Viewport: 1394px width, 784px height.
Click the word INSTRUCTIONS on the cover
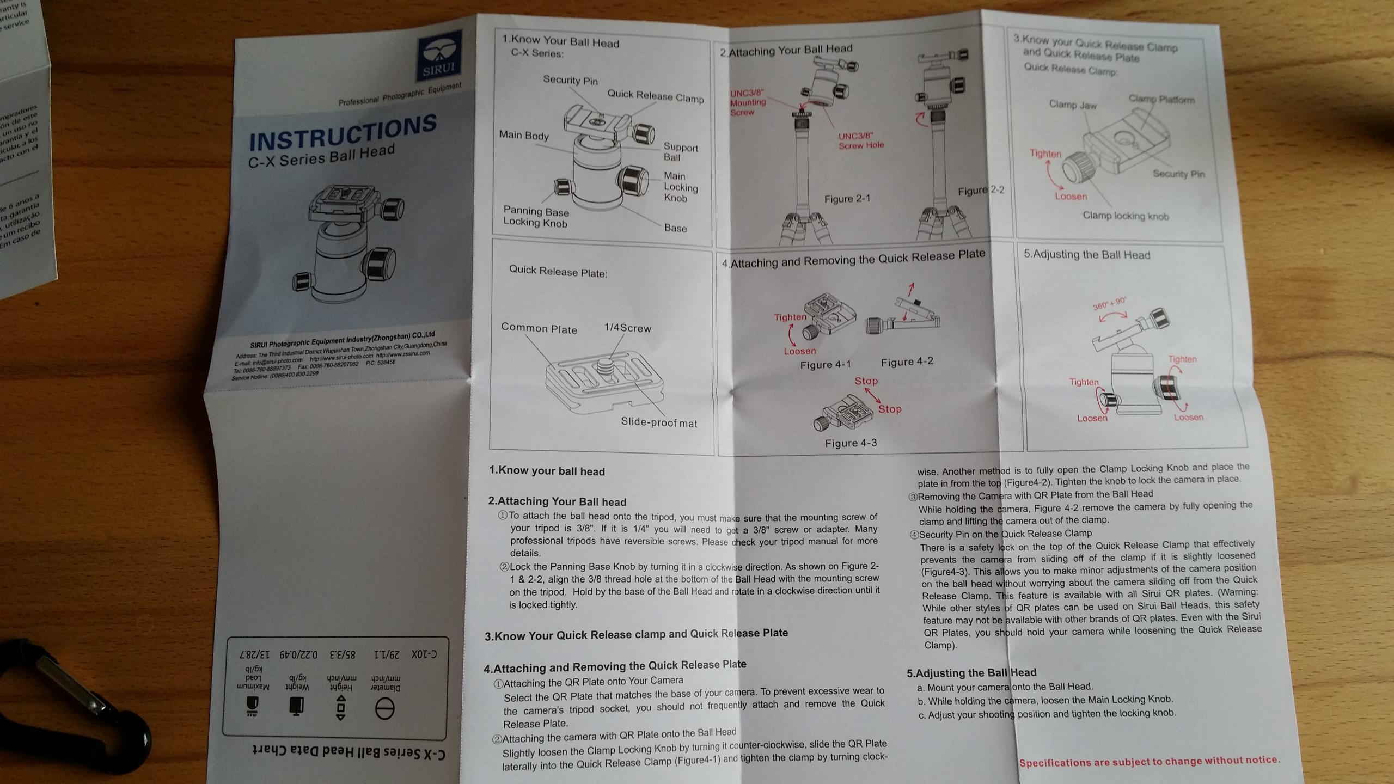pos(343,134)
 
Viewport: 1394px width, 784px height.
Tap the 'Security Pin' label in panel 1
pos(570,81)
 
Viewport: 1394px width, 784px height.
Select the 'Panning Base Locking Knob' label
pos(536,217)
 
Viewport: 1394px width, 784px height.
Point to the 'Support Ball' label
pos(680,152)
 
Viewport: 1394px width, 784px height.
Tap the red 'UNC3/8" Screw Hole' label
pos(860,141)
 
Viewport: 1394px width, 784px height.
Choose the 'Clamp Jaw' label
pos(1072,105)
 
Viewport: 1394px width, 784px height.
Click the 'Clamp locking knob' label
pos(1125,216)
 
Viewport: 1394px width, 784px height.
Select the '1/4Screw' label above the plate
pos(627,328)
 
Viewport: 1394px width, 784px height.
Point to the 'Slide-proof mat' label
pos(658,423)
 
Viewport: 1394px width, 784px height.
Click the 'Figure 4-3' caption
pos(851,443)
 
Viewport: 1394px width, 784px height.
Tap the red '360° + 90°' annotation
pos(1109,304)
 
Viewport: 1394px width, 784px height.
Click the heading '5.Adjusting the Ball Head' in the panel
pos(1086,255)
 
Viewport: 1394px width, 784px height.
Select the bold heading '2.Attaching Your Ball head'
pos(557,501)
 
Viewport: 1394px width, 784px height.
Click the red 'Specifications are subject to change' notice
pos(1149,762)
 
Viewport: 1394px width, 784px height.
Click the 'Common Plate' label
pos(539,329)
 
